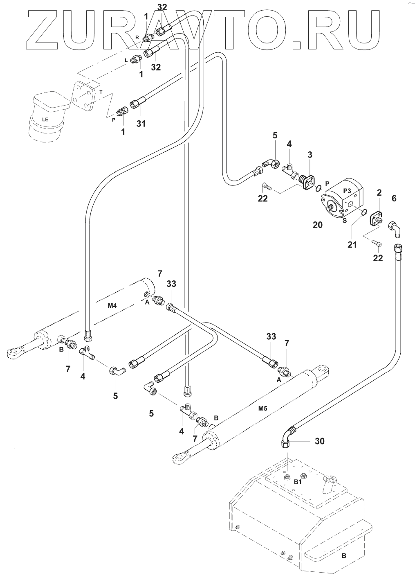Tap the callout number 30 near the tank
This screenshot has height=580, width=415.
coord(320,441)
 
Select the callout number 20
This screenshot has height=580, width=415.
coord(317,224)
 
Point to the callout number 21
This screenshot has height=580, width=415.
coord(352,244)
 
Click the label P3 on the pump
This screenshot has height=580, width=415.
coord(348,191)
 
